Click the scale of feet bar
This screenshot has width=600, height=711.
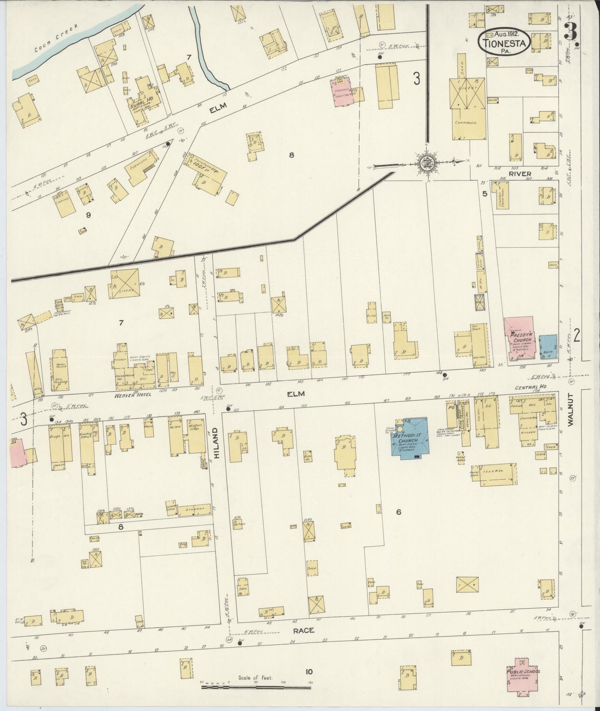click(x=256, y=687)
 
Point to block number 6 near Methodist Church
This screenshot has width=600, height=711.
click(x=398, y=512)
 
